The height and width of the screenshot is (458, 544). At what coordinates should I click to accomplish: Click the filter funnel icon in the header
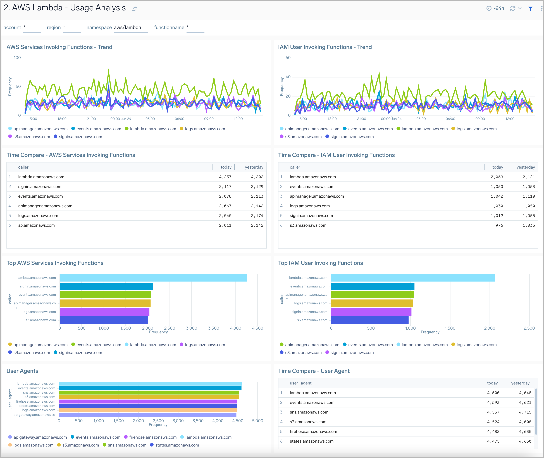(530, 8)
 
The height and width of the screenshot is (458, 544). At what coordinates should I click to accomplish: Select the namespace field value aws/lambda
(127, 27)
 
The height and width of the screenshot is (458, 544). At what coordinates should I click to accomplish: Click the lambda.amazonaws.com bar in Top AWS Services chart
(153, 278)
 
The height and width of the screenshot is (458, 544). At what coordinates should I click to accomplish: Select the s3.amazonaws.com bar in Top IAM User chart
(370, 320)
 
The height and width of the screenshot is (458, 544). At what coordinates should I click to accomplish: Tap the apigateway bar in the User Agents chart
(147, 415)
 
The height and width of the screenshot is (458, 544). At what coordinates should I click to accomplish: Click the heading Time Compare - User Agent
(314, 371)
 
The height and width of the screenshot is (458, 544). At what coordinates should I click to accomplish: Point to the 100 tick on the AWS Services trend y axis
(17, 58)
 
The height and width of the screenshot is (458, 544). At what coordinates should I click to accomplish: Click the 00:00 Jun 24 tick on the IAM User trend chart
(391, 119)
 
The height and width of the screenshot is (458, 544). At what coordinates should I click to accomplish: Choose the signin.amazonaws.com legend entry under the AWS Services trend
(80, 137)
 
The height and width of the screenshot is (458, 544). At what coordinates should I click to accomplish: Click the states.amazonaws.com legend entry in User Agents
(177, 445)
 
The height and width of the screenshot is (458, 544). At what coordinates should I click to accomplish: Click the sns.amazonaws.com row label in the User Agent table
(309, 412)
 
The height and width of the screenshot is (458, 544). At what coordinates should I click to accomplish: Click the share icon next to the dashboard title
(134, 8)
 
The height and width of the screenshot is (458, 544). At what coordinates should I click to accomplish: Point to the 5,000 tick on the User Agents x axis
(257, 421)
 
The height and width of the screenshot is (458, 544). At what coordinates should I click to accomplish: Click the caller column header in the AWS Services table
(23, 167)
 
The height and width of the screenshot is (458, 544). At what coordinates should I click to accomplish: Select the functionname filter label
(169, 27)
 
